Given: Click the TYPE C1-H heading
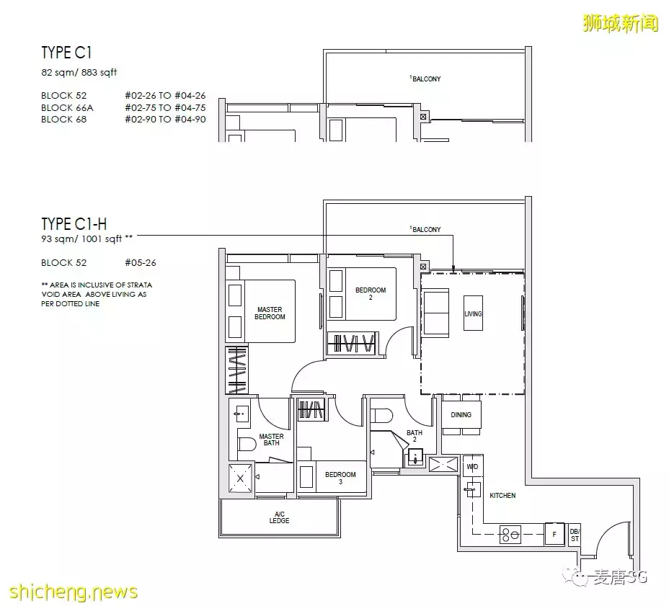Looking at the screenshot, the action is (x=74, y=224).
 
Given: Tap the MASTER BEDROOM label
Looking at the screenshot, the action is (x=270, y=313).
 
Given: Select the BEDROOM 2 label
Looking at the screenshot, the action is (x=371, y=293).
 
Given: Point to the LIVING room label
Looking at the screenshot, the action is (x=473, y=314).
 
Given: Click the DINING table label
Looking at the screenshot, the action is (x=461, y=414).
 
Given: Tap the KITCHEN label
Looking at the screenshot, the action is (x=502, y=496).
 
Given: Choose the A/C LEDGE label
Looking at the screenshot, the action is (x=280, y=517).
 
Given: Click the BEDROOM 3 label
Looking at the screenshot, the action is (x=340, y=478).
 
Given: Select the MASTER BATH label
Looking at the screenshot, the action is (x=271, y=440).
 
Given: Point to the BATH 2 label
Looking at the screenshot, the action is (x=415, y=436).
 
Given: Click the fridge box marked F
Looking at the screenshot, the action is (x=554, y=534).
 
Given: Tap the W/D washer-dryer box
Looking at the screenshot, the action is (x=473, y=466).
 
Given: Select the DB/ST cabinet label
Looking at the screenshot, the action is (x=575, y=535).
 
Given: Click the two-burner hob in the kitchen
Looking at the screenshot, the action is (x=510, y=535).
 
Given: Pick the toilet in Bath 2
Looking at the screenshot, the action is (x=381, y=416).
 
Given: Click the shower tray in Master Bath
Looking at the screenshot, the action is (x=240, y=478).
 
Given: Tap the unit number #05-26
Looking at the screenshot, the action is (x=141, y=263).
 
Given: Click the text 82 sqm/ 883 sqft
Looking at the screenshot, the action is (x=79, y=73).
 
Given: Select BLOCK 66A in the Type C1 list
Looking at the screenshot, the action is (x=67, y=108).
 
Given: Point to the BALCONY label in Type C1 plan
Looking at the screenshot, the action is (x=425, y=79).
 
